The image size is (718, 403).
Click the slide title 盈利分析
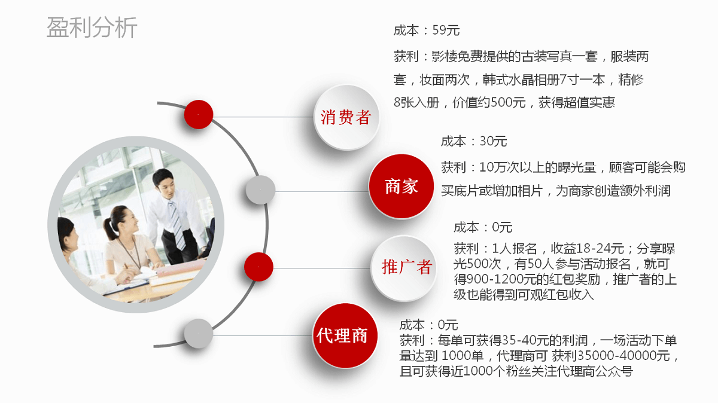92,28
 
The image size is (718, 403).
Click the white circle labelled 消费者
346,117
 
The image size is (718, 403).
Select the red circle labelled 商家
401,186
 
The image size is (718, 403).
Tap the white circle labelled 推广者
406,267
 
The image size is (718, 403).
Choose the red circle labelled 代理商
342,335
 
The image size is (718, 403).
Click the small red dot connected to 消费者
199,114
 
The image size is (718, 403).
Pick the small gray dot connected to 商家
260,191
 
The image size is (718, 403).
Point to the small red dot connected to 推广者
258,267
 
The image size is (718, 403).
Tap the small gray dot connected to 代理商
198,334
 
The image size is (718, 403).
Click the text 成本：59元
427,30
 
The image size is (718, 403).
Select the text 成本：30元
474,142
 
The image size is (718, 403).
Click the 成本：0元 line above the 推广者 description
483,227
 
